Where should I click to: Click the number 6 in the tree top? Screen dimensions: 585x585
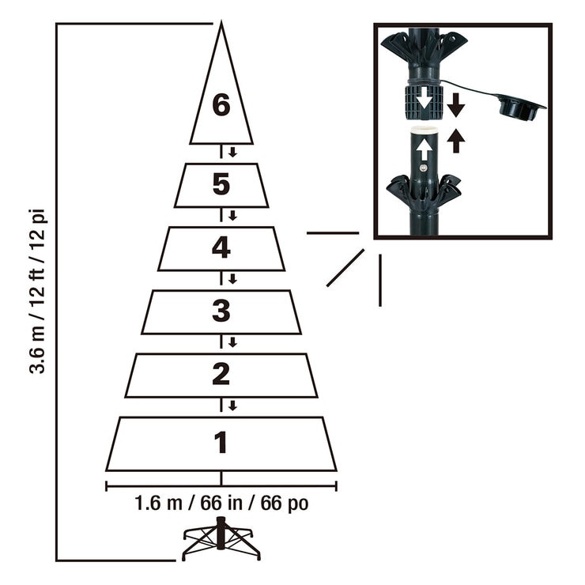pyautogui.click(x=221, y=105)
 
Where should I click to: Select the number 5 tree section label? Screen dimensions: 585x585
pyautogui.click(x=221, y=185)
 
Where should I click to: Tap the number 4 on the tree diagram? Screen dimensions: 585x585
pyautogui.click(x=221, y=248)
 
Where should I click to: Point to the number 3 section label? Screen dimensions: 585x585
pyautogui.click(x=221, y=311)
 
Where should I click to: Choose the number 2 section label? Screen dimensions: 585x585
pyautogui.click(x=221, y=374)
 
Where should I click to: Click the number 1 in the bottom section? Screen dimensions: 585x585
pyautogui.click(x=221, y=443)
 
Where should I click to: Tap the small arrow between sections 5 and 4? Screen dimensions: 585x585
pyautogui.click(x=232, y=216)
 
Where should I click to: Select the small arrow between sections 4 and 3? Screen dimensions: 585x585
pyautogui.click(x=232, y=279)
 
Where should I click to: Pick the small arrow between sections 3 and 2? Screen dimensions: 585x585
pyautogui.click(x=232, y=342)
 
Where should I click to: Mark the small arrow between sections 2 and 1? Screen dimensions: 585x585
pyautogui.click(x=232, y=406)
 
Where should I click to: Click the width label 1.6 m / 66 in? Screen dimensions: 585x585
pyautogui.click(x=221, y=504)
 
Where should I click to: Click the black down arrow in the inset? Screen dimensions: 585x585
pyautogui.click(x=456, y=104)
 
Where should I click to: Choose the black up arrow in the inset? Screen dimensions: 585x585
pyautogui.click(x=456, y=140)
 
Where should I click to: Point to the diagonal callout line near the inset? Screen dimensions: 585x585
pyautogui.click(x=345, y=267)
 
